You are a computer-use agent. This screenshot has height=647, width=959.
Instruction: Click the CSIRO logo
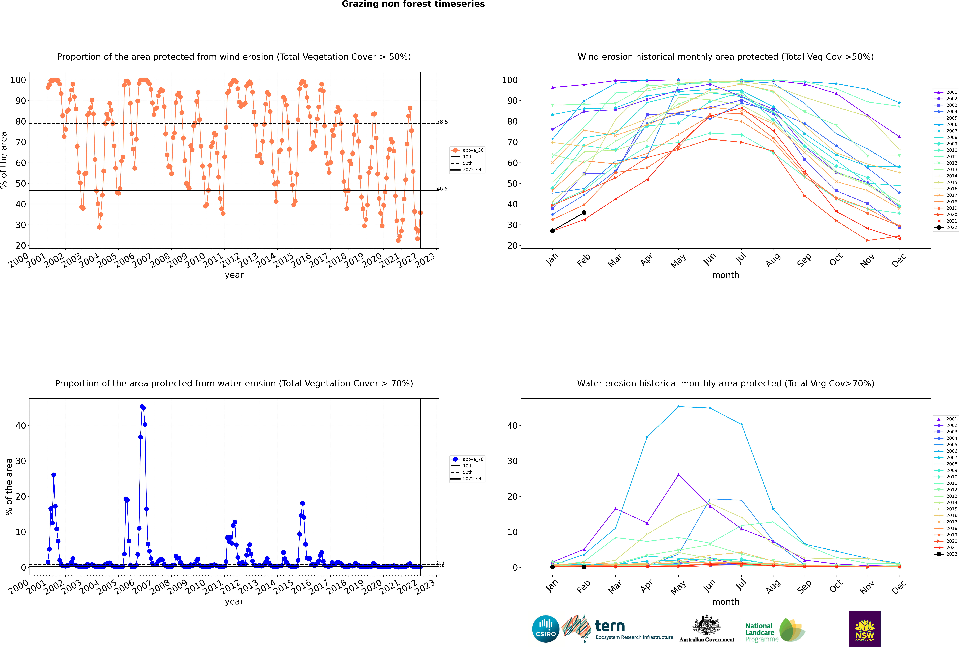click(x=545, y=629)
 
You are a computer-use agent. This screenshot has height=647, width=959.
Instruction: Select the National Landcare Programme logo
click(x=774, y=630)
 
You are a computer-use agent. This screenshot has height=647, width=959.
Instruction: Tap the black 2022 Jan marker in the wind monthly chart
click(x=553, y=231)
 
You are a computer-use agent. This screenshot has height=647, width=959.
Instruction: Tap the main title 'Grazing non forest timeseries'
click(x=413, y=4)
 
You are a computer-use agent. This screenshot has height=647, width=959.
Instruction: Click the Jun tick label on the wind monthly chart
click(x=709, y=259)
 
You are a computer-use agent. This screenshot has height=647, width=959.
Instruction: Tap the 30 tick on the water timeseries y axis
click(x=21, y=461)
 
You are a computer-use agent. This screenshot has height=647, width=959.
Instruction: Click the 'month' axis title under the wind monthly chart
click(x=726, y=275)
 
